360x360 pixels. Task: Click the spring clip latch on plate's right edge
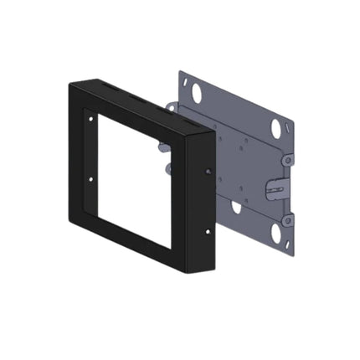click(x=272, y=189)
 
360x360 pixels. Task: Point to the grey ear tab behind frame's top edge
click(x=171, y=107)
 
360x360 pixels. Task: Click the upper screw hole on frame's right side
click(x=208, y=172)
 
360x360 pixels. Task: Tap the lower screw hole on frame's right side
click(x=208, y=231)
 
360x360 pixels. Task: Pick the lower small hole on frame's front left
click(x=91, y=178)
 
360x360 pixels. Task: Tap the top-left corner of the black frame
click(x=69, y=80)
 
